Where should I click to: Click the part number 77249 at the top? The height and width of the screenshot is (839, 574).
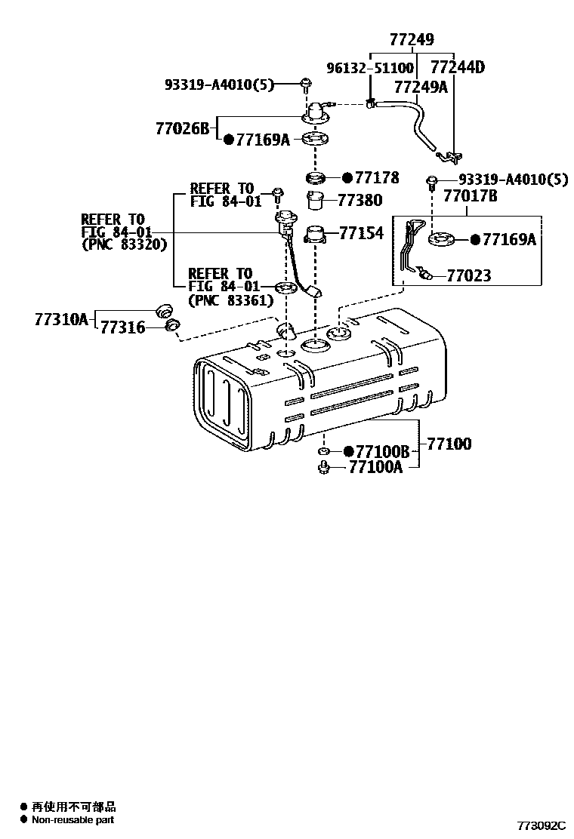tap(412, 40)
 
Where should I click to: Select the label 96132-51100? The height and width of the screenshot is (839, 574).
tap(369, 68)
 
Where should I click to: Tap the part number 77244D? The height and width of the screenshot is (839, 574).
tap(457, 67)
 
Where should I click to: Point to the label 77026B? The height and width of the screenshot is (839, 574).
tap(182, 128)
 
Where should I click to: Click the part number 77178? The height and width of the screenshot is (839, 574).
tap(378, 178)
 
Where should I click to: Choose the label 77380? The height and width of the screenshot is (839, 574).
tap(360, 201)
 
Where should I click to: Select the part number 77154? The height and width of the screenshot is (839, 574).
tap(362, 233)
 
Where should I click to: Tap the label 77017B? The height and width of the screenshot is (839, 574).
tap(470, 197)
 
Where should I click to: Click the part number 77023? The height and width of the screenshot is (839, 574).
tap(468, 276)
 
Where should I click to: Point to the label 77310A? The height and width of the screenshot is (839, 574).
tap(60, 319)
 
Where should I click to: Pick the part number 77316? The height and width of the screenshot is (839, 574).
tap(124, 327)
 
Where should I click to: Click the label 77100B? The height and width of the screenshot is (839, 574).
tap(382, 451)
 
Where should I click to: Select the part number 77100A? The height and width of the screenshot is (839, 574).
tap(375, 467)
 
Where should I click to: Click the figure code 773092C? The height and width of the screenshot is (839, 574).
tap(541, 826)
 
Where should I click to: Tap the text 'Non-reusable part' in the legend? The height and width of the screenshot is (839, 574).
tap(73, 819)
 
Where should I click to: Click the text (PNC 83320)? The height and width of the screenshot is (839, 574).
tap(124, 244)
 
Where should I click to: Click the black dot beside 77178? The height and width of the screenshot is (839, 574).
tap(347, 178)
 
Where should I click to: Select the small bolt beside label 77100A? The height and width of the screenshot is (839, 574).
tap(322, 468)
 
